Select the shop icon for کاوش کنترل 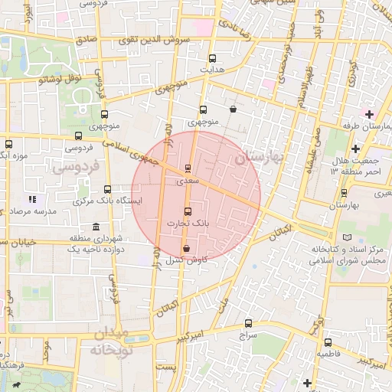[x=187, y=249]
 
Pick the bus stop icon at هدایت [x=212, y=58]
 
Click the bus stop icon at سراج [x=248, y=323]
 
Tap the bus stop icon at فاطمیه [x=328, y=342]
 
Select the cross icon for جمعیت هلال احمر [x=354, y=149]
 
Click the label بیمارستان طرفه [x=365, y=125]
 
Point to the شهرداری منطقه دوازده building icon [x=95, y=227]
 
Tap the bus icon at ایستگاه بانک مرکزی [x=106, y=189]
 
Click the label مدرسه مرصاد [x=31, y=211]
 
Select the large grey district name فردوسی [x=75, y=168]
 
